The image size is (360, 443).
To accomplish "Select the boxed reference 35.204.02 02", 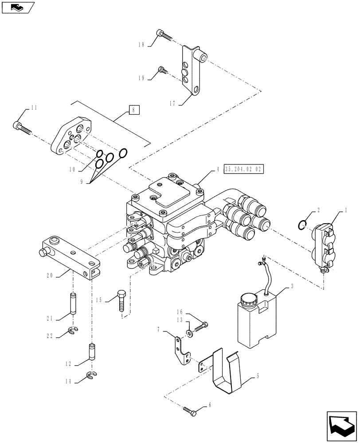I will tap(244, 169).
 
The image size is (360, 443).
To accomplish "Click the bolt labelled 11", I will tap(24, 128).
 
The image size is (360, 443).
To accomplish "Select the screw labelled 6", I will tap(189, 412).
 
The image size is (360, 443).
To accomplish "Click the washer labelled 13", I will tap(190, 333).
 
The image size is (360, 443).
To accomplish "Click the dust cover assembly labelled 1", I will tap(322, 246).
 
